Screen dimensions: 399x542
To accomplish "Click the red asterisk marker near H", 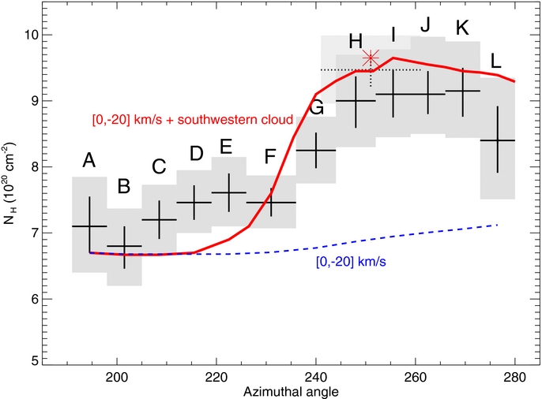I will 371,58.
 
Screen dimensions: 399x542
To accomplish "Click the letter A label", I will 89,162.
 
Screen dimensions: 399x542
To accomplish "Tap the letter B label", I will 124,187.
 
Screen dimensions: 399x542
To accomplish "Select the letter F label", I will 270,157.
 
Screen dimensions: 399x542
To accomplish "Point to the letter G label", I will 317,109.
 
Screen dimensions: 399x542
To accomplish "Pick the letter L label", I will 496,60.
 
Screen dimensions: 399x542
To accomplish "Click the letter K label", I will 463,28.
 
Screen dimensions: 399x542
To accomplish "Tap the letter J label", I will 425,24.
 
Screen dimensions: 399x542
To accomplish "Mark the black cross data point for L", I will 498,140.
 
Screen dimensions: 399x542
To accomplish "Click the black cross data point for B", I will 124,247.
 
